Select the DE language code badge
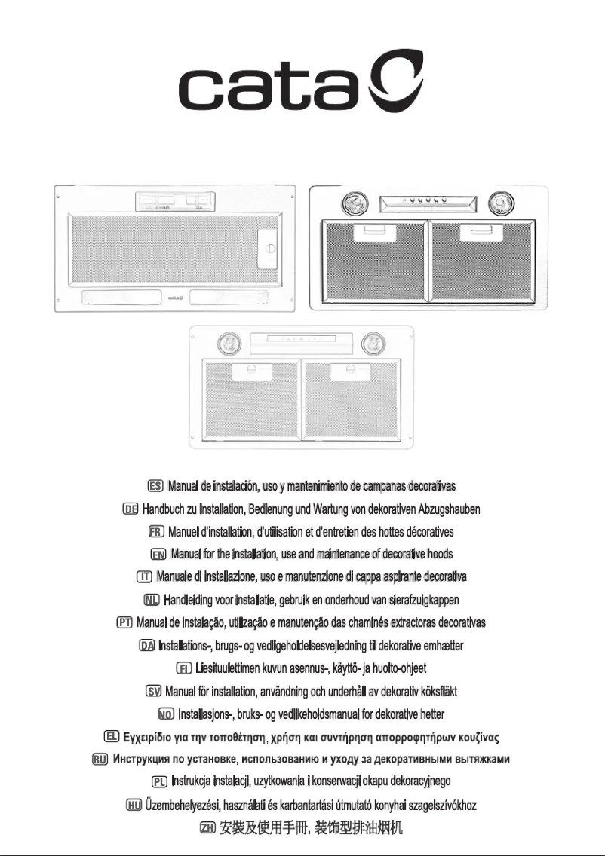[130, 510]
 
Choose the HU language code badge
[134, 806]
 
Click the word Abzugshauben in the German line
[449, 510]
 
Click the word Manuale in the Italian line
[178, 577]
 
